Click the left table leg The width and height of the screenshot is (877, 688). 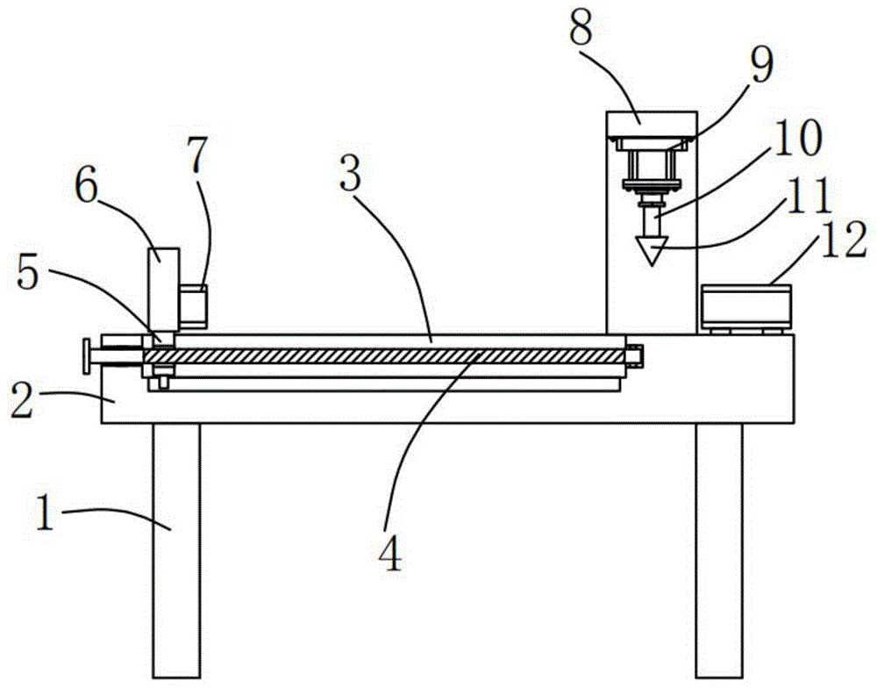pos(175,544)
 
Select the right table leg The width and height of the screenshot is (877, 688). pos(719,544)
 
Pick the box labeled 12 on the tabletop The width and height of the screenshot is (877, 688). pos(745,307)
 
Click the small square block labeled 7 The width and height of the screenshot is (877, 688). pos(194,306)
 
